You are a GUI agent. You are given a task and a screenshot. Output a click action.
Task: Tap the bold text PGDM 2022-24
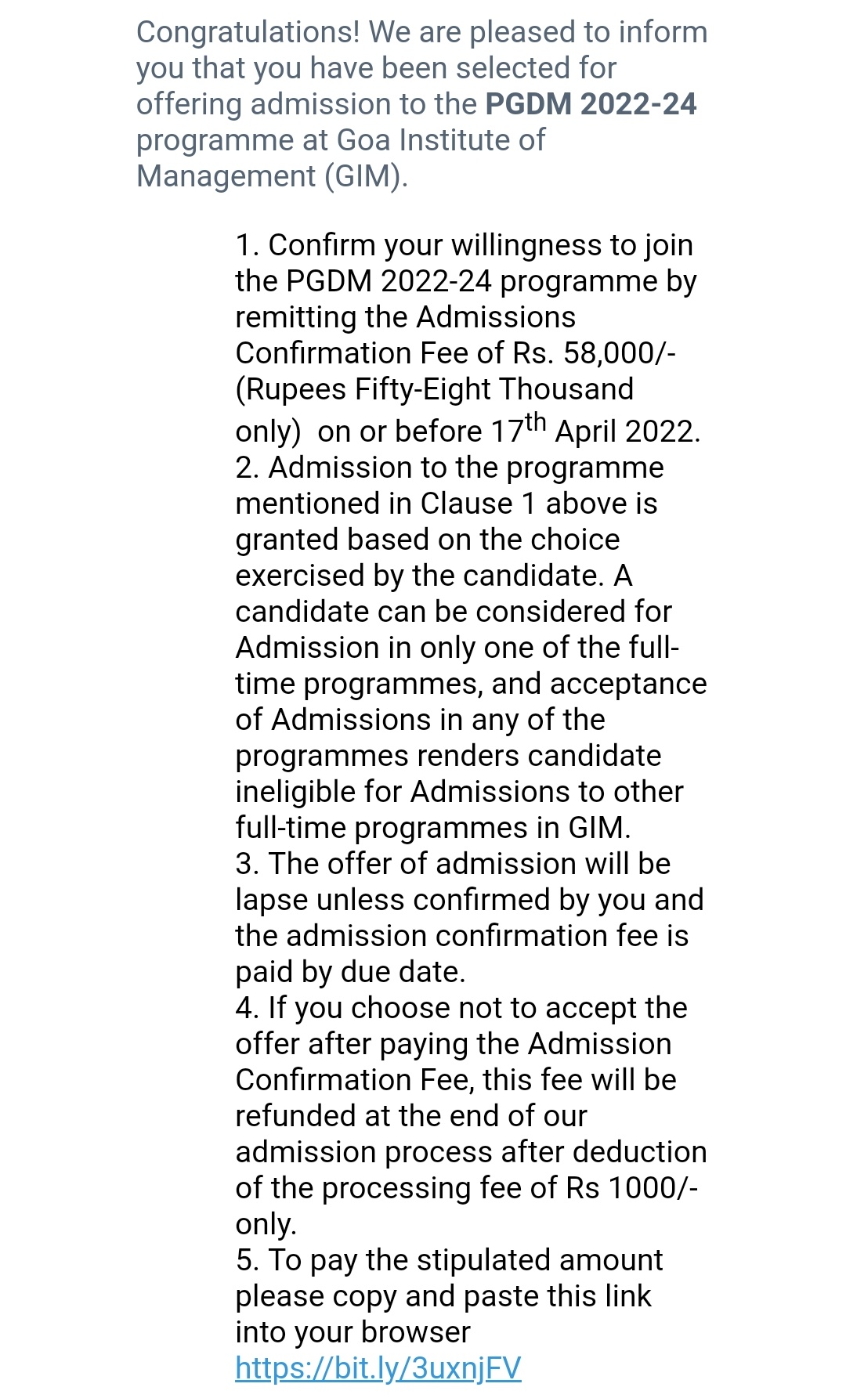click(x=591, y=104)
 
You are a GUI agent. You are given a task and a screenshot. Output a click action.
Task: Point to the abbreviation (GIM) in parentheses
click(x=366, y=176)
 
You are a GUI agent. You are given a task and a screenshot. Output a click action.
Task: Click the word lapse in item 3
click(x=272, y=901)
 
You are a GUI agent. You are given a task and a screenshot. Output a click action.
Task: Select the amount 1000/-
click(x=653, y=1188)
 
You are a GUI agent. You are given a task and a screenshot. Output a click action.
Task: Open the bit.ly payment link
click(x=378, y=1368)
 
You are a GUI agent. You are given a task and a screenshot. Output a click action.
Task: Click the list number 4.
click(x=245, y=1008)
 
